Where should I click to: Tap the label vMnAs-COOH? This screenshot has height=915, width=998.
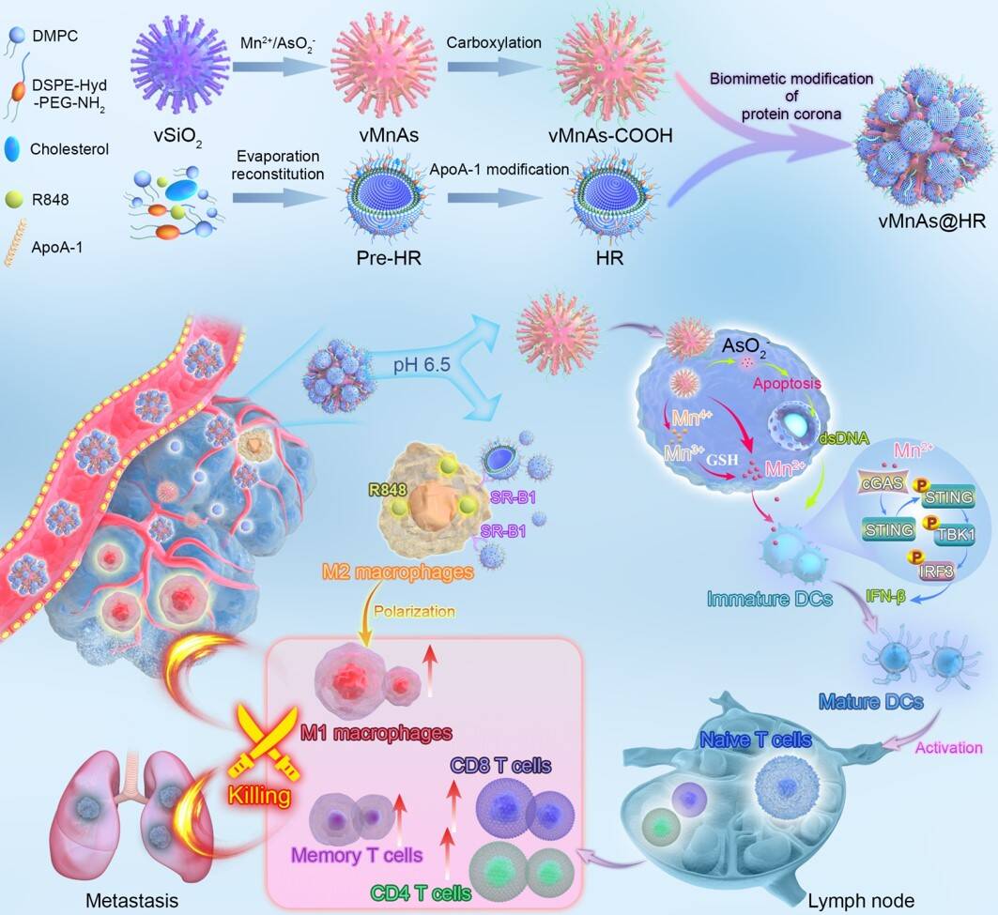point(596,141)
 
